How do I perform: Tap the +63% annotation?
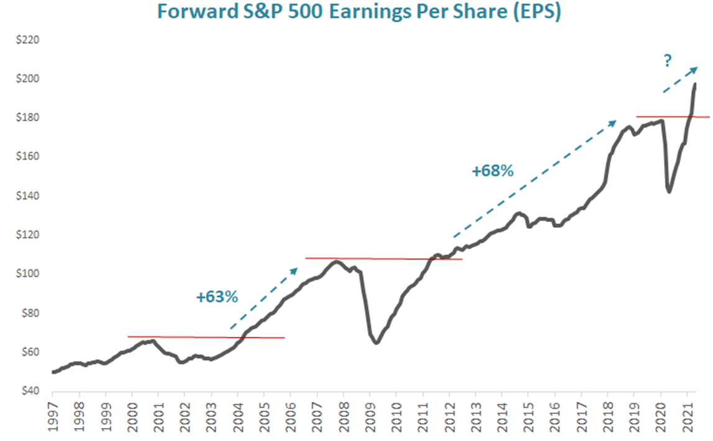point(217,297)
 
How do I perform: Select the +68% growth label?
point(492,171)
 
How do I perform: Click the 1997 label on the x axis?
point(53,413)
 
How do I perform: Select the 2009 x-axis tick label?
point(370,413)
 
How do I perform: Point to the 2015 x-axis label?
point(529,413)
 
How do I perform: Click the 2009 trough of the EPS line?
point(376,342)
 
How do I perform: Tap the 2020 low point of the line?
point(669,192)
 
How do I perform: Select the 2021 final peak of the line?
point(695,84)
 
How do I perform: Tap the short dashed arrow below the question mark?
point(679,79)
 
